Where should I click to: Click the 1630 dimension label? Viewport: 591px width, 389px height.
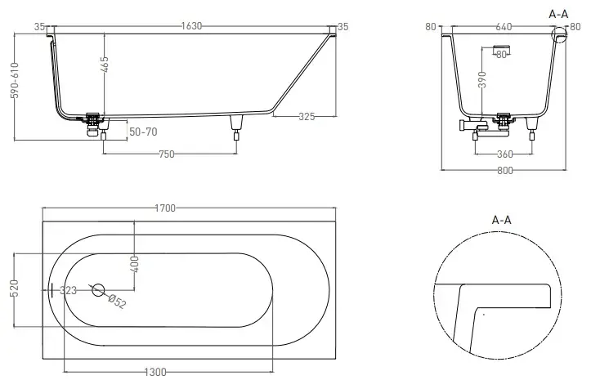click(x=191, y=26)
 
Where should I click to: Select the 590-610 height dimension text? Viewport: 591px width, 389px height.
click(x=15, y=80)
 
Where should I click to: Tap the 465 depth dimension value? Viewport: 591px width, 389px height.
click(x=105, y=65)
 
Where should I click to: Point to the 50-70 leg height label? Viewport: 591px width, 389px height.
click(x=143, y=132)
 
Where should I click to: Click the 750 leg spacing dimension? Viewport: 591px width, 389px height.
click(x=167, y=154)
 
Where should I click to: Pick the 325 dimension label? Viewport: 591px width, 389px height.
click(x=307, y=117)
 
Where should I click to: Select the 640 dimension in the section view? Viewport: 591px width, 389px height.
click(x=504, y=27)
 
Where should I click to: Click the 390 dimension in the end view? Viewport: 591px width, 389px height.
click(x=482, y=79)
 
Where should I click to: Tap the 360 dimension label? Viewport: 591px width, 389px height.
click(x=504, y=154)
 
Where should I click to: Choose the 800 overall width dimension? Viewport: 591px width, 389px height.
click(x=504, y=170)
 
